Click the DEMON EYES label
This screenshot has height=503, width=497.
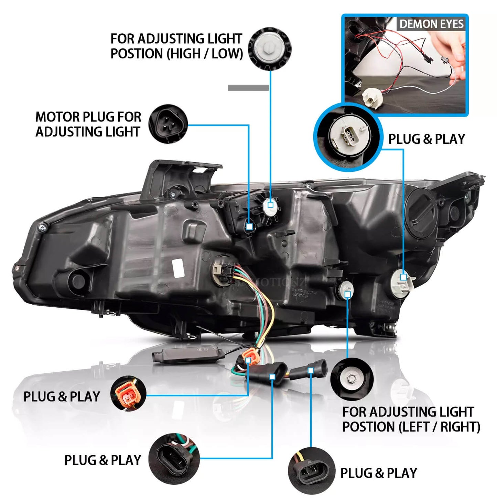click(x=431, y=24)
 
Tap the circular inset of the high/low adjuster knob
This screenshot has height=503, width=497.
click(x=269, y=49)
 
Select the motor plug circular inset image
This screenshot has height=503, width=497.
click(x=168, y=124)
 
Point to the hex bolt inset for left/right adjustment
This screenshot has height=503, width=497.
click(x=352, y=379)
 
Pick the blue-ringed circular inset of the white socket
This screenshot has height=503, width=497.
click(x=348, y=137)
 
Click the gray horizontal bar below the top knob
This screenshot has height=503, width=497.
click(x=248, y=88)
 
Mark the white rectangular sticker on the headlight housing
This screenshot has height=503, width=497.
click(x=178, y=268)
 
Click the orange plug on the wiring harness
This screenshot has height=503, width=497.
click(x=248, y=357)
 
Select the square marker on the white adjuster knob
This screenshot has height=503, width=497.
click(x=270, y=205)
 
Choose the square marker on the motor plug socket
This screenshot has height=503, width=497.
click(x=249, y=227)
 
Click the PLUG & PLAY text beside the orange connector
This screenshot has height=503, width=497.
click(x=62, y=397)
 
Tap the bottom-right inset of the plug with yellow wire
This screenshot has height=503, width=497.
click(x=311, y=471)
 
